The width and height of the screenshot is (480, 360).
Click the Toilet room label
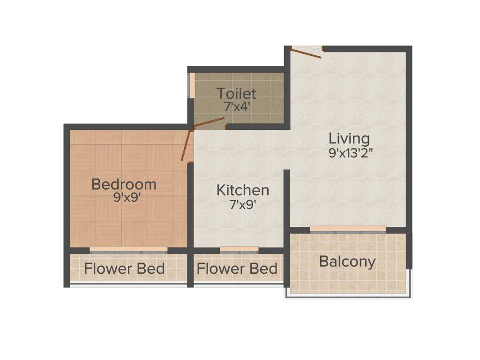point(236,93)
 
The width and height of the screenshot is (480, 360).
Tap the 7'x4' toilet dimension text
point(236,106)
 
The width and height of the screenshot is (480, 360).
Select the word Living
point(349,139)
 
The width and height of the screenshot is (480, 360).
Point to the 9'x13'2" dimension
point(349,152)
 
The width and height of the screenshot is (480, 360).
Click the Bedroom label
point(124,184)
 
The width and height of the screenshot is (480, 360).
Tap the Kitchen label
point(243,190)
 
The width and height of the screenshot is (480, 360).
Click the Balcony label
point(347,262)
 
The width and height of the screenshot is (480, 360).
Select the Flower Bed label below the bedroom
point(124,269)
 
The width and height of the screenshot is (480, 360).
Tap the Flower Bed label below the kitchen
point(237,269)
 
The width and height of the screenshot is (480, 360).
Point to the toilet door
point(209,122)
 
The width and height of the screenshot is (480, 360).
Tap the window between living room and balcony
point(348,229)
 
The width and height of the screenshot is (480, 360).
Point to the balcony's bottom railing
point(348,296)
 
